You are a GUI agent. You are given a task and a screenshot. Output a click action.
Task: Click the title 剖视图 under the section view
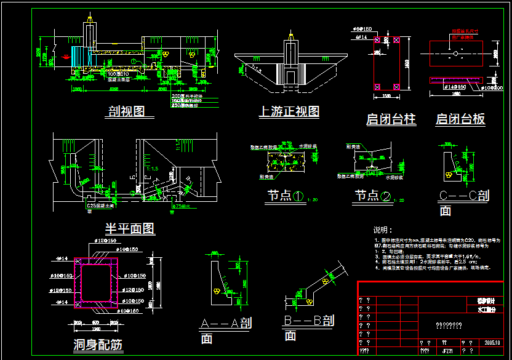pos(126,111)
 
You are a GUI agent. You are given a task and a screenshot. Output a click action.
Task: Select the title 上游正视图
pos(289,111)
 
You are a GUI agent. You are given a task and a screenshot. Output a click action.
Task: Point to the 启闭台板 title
pos(460,119)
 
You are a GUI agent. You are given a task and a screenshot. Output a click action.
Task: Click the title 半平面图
pos(129,228)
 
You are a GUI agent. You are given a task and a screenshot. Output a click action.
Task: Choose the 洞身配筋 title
pos(98,345)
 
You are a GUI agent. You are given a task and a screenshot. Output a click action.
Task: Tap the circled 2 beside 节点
pos(386,196)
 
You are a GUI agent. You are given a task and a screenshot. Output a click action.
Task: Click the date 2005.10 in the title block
pos(494,343)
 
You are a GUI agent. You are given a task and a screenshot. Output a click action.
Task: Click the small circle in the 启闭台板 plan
pos(455,54)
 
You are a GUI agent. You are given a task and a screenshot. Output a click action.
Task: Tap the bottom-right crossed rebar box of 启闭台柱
pos(396,86)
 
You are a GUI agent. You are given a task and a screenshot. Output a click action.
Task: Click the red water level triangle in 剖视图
pos(66,57)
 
